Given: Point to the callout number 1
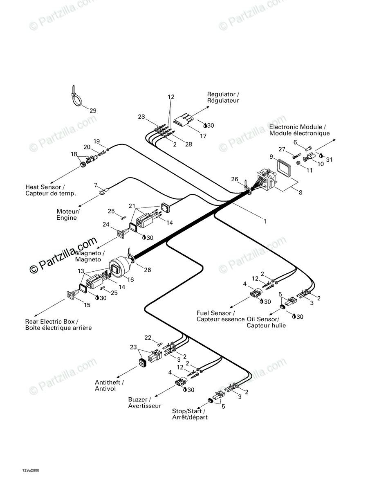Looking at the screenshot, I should coord(265,221).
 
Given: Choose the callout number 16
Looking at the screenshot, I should coord(131,280).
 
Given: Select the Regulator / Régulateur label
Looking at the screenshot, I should coord(223,97).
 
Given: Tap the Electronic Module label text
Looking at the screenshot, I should coord(299,130).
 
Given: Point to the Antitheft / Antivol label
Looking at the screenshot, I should coord(110,385).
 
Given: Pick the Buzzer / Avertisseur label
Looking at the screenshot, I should coord(145,403).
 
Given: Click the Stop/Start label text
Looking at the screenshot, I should coord(188,411).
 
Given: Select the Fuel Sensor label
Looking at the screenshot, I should coord(215,313).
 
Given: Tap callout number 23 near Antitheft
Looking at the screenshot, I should coord(133,347).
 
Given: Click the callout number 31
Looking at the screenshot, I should coord(329,160).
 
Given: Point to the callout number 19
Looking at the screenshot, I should coord(96,141).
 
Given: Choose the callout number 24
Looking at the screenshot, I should coord(106,224).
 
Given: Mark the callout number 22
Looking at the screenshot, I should coord(148,338).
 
